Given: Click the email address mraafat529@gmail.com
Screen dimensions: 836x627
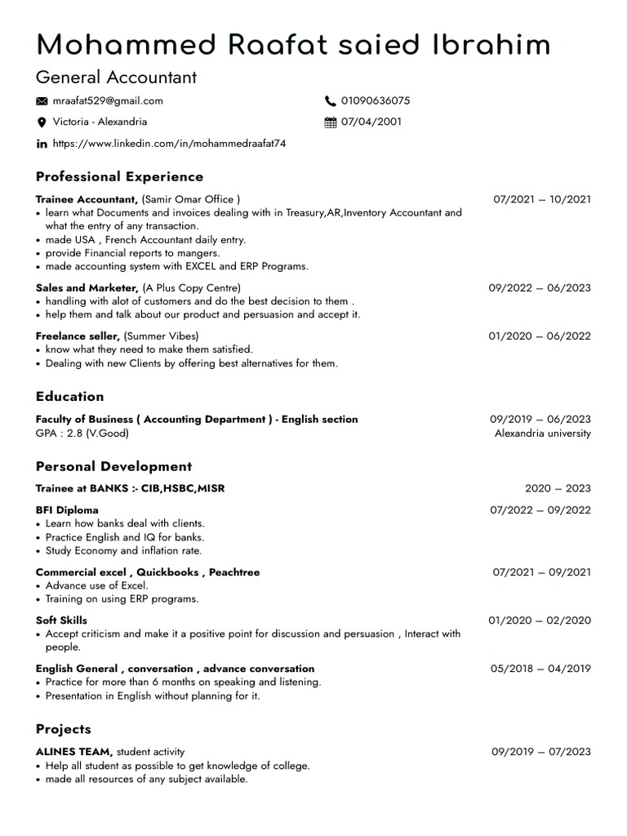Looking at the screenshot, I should [108, 101].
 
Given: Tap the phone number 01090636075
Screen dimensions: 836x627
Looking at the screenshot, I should [376, 101].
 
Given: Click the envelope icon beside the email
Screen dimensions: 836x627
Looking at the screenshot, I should [42, 101].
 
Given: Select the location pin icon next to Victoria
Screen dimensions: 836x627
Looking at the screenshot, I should [42, 122].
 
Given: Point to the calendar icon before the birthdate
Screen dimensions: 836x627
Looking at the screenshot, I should [331, 122].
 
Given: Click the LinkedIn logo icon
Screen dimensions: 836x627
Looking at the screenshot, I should [42, 144].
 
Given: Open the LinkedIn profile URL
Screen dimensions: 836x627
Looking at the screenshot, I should [169, 144].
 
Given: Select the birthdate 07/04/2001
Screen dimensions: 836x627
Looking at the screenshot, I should [371, 122].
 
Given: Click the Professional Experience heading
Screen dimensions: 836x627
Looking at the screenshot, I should [119, 176].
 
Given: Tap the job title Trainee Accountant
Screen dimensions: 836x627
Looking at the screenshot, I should [87, 199].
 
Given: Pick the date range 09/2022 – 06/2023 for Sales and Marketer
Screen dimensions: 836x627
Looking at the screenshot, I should [540, 288].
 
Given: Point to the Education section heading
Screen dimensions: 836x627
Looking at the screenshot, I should [70, 397].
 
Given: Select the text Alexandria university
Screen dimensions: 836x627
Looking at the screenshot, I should [542, 434].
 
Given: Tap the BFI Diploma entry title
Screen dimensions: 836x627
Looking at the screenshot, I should [67, 510].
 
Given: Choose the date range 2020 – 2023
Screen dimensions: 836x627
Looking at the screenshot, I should [558, 489].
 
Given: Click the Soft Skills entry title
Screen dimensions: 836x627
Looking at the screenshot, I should [61, 620].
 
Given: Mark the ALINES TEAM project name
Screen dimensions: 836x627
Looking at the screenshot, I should [74, 752].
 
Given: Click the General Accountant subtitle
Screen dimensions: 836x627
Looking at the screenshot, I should [116, 78].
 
